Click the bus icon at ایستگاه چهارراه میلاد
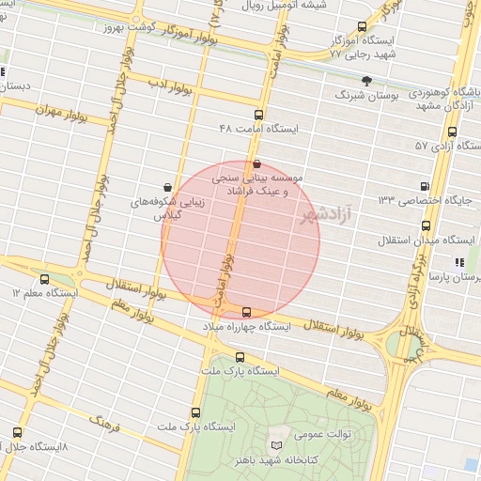(x=247, y=312)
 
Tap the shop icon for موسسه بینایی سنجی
(x=257, y=163)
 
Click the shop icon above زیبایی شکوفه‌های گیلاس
(x=167, y=187)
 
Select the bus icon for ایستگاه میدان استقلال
(x=427, y=226)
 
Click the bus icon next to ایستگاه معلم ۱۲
(x=46, y=278)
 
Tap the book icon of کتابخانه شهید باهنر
(x=276, y=443)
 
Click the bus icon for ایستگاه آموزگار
(x=364, y=28)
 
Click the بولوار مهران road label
(x=61, y=111)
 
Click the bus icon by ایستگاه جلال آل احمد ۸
(x=17, y=432)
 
